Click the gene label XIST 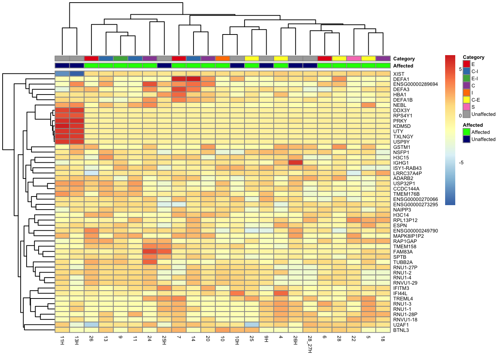pyautogui.click(x=399, y=74)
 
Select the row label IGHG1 pyautogui.click(x=401, y=163)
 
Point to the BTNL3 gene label pyautogui.click(x=401, y=330)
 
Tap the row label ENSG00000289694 pyautogui.click(x=415, y=84)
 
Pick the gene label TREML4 pyautogui.click(x=403, y=298)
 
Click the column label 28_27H pyautogui.click(x=310, y=344)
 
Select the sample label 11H pyautogui.click(x=62, y=340)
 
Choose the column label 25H pyautogui.click(x=164, y=340)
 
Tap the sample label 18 pyautogui.click(x=383, y=338)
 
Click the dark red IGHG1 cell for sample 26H pyautogui.click(x=295, y=163)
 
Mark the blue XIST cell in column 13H pyautogui.click(x=77, y=74)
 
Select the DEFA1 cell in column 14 pyautogui.click(x=193, y=79)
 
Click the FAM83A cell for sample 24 pyautogui.click(x=150, y=252)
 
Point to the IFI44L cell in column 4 pyautogui.click(x=281, y=293)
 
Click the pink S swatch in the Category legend pyautogui.click(x=466, y=107)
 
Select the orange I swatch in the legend pyautogui.click(x=466, y=93)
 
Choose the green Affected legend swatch pyautogui.click(x=466, y=132)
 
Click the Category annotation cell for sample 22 pyautogui.click(x=354, y=58)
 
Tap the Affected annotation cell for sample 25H pyautogui.click(x=164, y=66)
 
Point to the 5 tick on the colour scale pyautogui.click(x=460, y=69)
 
